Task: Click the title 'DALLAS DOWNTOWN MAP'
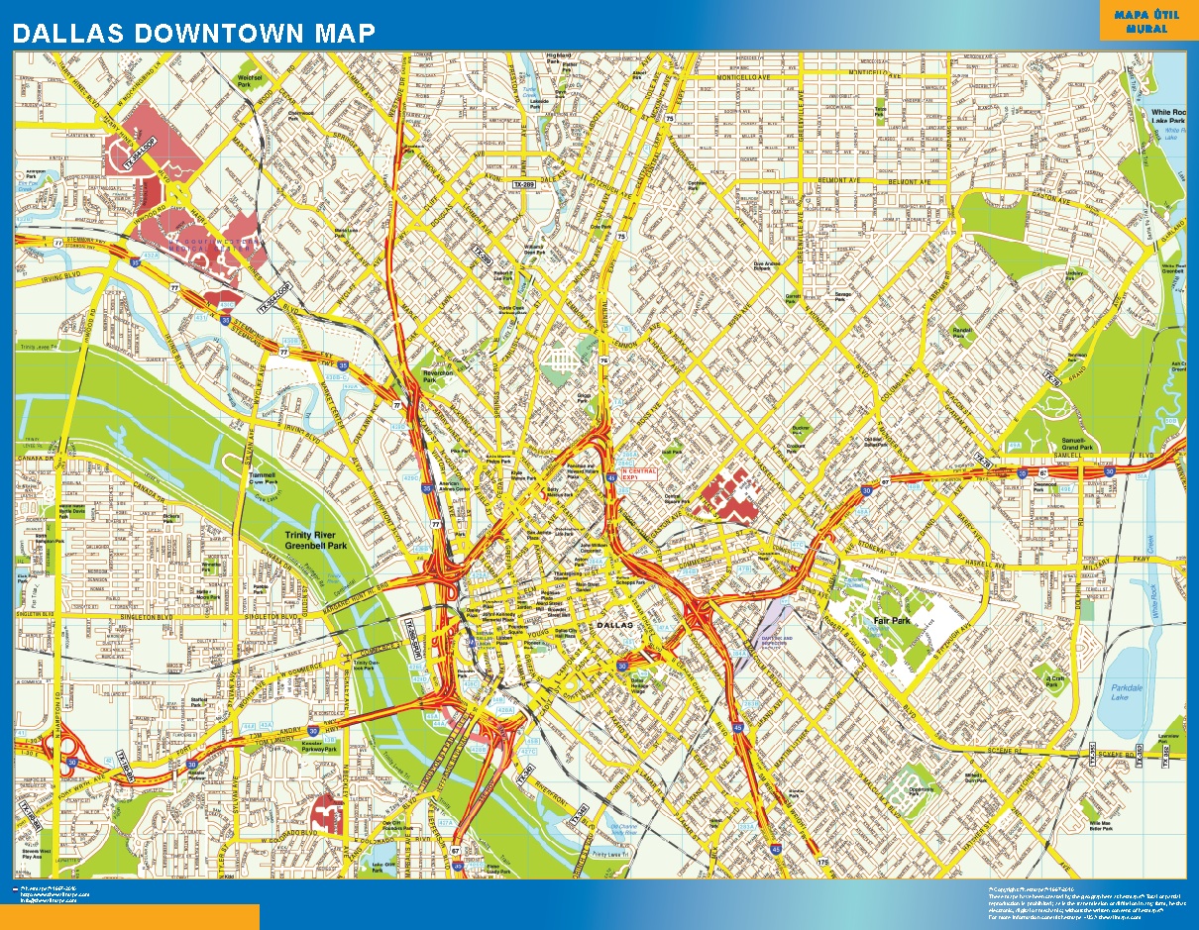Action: tap(194, 33)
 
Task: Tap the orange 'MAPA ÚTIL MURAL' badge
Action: tap(1141, 21)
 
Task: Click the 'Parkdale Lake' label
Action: tap(1127, 692)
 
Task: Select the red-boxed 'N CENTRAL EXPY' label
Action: tap(638, 472)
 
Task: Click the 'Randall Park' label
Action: tap(960, 332)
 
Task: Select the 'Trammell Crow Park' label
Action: tap(263, 479)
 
